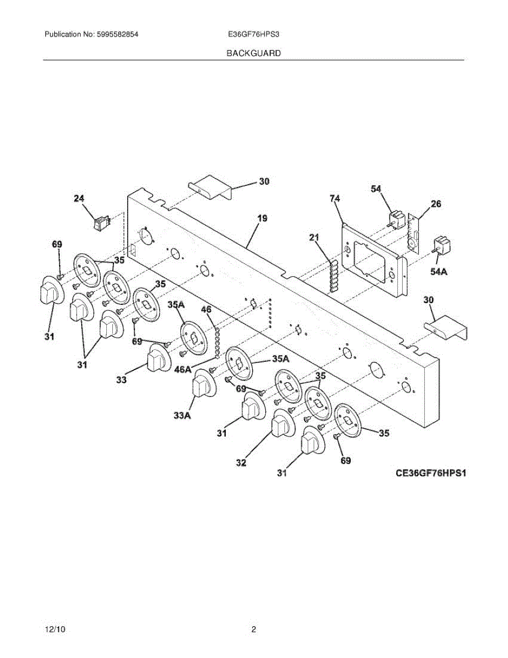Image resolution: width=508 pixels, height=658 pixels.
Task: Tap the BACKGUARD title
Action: (254, 54)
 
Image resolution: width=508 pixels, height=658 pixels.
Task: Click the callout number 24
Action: (79, 199)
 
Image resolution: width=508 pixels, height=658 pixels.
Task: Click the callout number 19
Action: (262, 218)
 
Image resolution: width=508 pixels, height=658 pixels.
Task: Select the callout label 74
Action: (335, 198)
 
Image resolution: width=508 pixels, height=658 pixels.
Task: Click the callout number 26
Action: (436, 204)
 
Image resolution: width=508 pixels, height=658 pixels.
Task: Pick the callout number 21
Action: (313, 237)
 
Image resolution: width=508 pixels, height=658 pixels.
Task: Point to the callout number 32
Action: (241, 463)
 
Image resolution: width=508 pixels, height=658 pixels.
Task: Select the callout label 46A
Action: (183, 370)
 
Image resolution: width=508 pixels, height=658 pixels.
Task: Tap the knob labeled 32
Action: (281, 424)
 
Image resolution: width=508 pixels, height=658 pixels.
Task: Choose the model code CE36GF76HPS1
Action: (430, 472)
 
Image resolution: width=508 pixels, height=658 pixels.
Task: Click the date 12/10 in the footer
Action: (53, 629)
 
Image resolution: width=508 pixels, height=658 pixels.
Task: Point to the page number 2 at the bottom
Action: (254, 629)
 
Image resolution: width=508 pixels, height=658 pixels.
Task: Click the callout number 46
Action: (206, 310)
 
